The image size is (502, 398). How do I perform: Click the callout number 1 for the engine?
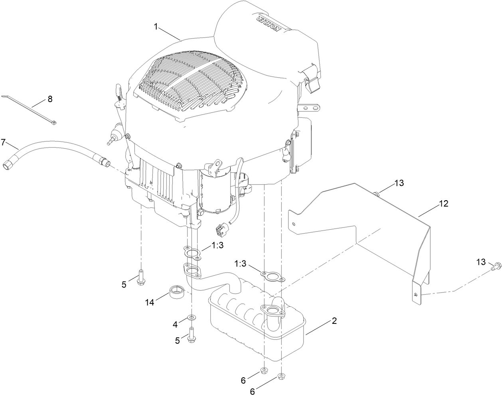pyautogui.click(x=156, y=27)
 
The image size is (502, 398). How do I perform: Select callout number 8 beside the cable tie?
pyautogui.click(x=50, y=99)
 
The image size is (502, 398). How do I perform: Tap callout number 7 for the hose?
pyautogui.click(x=4, y=142)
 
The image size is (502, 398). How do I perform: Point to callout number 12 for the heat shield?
pyautogui.click(x=443, y=204)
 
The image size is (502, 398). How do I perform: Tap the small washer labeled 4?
pyautogui.click(x=192, y=317)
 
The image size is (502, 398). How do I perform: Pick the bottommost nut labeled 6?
pyautogui.click(x=281, y=375)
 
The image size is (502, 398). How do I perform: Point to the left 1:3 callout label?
pyautogui.click(x=218, y=246)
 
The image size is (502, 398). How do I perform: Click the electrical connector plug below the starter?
pyautogui.click(x=221, y=230)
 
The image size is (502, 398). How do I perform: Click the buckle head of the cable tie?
pyautogui.click(x=53, y=124)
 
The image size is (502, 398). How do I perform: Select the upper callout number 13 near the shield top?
pyautogui.click(x=399, y=183)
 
